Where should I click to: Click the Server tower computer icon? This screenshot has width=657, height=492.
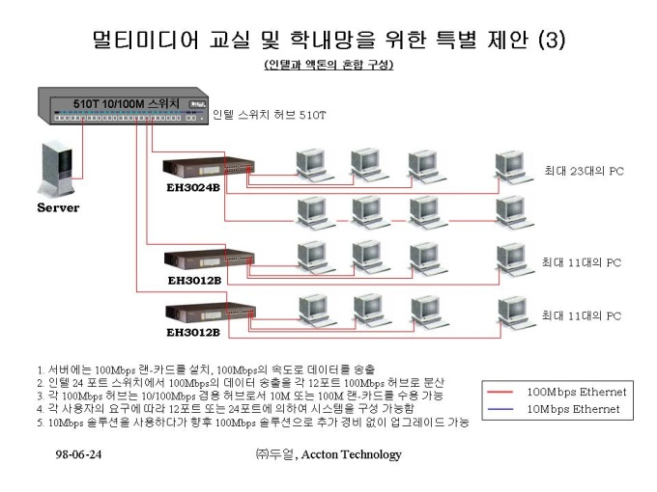57,168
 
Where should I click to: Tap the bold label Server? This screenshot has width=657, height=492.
58,207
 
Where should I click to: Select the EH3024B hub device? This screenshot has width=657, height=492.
209,168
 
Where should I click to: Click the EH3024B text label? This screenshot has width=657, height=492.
193,187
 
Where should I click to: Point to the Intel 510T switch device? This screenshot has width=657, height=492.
123,106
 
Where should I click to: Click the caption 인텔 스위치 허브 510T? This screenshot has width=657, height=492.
269,115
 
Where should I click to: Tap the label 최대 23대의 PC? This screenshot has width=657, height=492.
584,171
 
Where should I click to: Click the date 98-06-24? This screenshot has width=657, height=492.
78,454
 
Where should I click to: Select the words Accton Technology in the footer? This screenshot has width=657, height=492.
351,454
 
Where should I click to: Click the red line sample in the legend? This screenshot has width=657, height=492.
500,392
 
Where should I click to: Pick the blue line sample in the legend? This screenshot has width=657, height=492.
500,409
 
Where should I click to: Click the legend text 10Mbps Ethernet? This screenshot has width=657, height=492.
573,409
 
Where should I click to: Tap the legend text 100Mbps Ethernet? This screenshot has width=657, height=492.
577,392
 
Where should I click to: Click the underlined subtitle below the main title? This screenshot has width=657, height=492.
328,65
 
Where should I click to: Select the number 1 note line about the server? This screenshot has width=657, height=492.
206,369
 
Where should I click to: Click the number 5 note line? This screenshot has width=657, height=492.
253,423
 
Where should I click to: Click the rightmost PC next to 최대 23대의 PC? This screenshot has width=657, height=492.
514,168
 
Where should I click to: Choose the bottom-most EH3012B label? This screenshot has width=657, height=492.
193,333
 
